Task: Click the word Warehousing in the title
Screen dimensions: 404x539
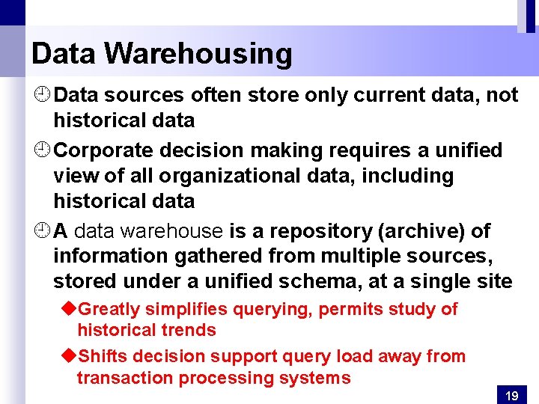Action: (198, 54)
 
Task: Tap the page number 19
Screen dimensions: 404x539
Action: (512, 396)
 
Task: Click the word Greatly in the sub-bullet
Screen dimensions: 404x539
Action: (106, 309)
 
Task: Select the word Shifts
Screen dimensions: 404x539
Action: (103, 357)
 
